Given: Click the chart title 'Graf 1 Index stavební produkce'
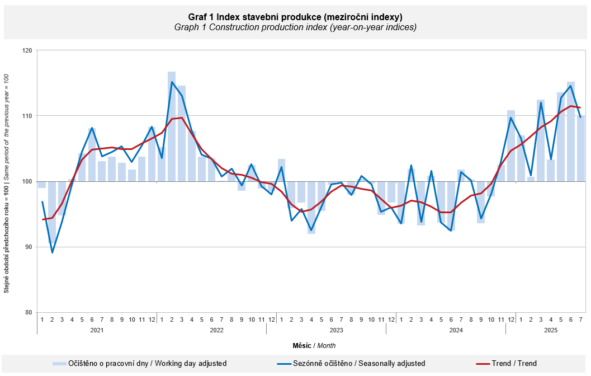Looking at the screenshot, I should (295, 17).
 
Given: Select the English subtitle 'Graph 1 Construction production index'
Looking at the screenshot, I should (295, 27).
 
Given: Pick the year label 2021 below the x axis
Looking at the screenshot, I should (97, 330).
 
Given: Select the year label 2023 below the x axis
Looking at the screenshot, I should (326, 330).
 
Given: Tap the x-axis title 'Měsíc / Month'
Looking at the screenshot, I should (314, 346).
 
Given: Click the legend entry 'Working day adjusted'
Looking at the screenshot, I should (147, 364).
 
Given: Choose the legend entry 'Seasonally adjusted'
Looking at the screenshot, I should (358, 364).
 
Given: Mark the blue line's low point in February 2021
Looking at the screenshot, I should (52, 252).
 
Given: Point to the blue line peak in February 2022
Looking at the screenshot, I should (172, 82).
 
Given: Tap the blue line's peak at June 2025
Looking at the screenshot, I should (571, 86).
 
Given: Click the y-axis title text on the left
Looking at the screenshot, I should (7, 181).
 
